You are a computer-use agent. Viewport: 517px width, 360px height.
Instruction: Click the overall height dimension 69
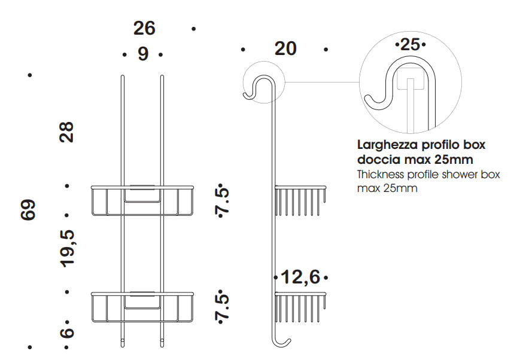(28, 210)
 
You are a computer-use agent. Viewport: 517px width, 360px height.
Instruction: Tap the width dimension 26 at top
(144, 28)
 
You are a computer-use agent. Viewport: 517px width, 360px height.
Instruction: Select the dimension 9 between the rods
(143, 54)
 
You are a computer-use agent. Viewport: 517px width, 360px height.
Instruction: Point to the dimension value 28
(66, 132)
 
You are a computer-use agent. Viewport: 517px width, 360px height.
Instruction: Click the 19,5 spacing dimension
(67, 249)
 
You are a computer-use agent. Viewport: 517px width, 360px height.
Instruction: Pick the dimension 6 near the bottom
(67, 332)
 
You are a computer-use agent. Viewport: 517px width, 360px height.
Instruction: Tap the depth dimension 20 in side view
(285, 49)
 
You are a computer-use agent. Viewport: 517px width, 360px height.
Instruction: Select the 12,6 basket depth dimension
(300, 277)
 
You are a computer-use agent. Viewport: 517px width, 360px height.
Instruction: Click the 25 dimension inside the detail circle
(410, 44)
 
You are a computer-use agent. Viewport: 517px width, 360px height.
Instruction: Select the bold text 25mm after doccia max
(454, 160)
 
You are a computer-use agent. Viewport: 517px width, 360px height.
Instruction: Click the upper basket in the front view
(142, 200)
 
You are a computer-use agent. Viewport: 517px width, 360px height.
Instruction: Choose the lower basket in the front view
(142, 307)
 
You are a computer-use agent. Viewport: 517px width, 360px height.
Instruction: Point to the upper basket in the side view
(300, 200)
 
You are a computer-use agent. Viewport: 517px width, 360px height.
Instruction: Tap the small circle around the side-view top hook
(264, 62)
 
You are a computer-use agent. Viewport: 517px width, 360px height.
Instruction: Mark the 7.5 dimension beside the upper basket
(222, 200)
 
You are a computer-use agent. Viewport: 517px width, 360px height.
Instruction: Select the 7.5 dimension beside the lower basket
(222, 307)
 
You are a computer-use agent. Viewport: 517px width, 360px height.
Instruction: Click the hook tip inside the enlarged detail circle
(366, 97)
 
